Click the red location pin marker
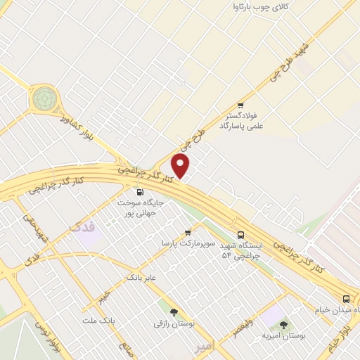point(181,166)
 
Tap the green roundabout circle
point(44,98)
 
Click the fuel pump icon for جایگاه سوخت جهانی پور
point(139,192)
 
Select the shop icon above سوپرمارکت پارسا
point(188,232)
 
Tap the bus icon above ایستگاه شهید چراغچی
point(241,236)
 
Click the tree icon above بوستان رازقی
point(174,312)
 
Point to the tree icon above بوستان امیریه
point(283,325)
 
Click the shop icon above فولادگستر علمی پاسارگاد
point(240,103)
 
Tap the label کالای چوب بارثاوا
point(261,8)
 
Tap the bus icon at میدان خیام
point(345,298)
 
